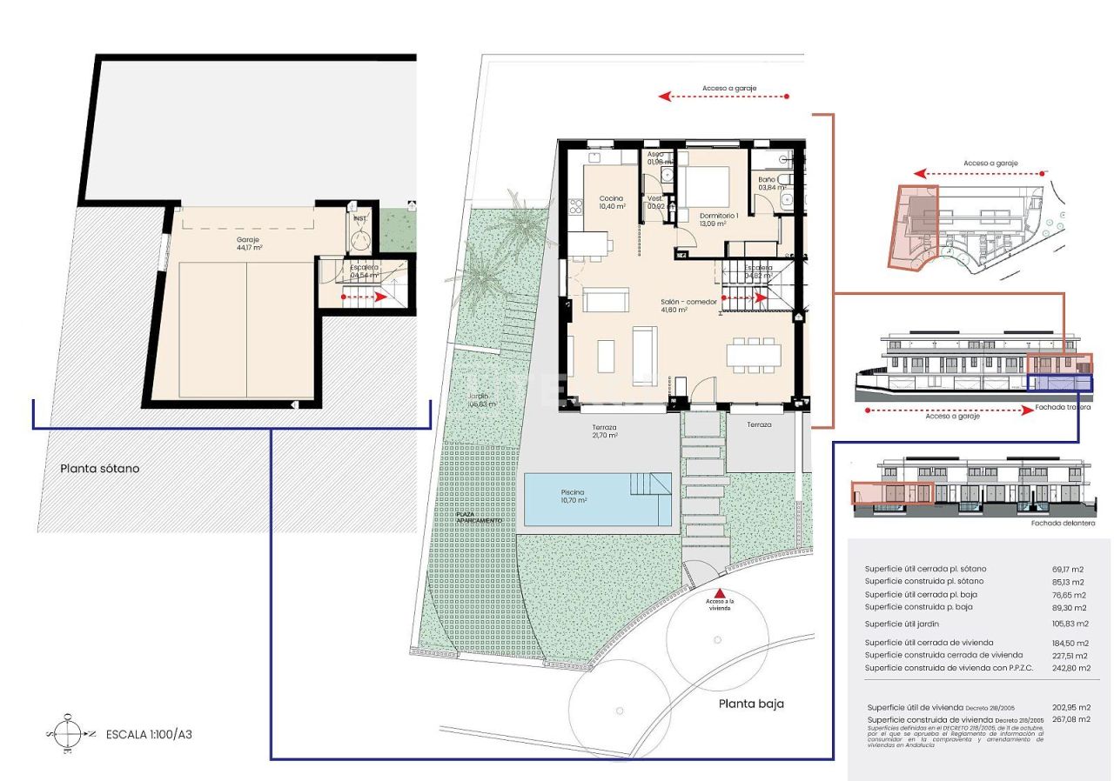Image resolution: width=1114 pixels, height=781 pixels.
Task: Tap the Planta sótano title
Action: tap(99, 468)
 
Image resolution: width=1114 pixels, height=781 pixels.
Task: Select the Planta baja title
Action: tap(751, 704)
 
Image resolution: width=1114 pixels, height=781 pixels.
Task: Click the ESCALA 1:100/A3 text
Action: tap(148, 734)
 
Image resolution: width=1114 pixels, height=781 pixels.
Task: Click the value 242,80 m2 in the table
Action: tap(1070, 668)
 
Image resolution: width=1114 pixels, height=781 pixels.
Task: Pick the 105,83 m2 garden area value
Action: tap(1070, 624)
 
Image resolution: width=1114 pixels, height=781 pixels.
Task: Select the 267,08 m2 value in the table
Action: tap(1070, 720)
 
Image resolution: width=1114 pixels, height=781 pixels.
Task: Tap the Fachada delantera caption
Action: tap(1063, 524)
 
